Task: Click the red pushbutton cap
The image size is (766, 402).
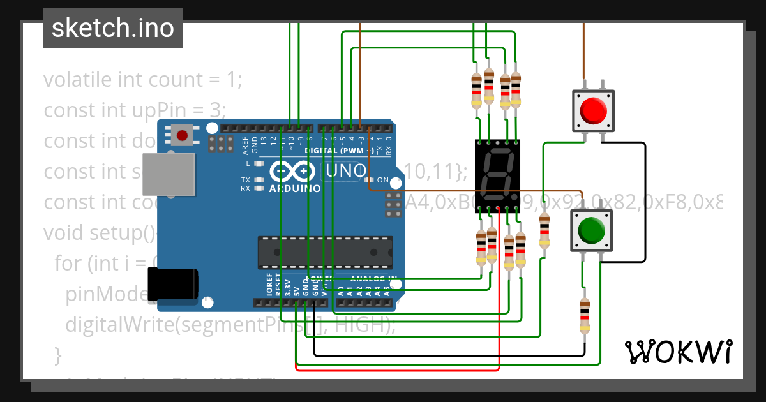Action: pyautogui.click(x=593, y=111)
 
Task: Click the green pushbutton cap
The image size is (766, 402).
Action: pyautogui.click(x=591, y=230)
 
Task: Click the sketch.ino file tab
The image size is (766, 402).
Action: pyautogui.click(x=113, y=28)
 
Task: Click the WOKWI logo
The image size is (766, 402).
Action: pyautogui.click(x=678, y=352)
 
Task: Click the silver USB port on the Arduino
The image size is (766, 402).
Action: pyautogui.click(x=169, y=174)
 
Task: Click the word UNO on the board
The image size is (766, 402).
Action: pyautogui.click(x=345, y=171)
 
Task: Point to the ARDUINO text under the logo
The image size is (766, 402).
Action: pyautogui.click(x=295, y=189)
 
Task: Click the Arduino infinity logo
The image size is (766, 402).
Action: pyautogui.click(x=293, y=172)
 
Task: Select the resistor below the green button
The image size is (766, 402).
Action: pyautogui.click(x=583, y=315)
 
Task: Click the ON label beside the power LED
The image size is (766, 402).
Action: pyautogui.click(x=383, y=180)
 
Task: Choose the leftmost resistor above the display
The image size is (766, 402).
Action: pyautogui.click(x=476, y=89)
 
